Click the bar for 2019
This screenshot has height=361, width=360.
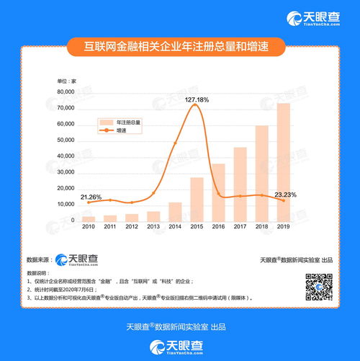284,162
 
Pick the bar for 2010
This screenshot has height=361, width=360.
89,218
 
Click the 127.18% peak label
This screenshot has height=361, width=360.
197,98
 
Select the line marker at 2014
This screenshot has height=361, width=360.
175,143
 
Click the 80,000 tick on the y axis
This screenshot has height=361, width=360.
67,92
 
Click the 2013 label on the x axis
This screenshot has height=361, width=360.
153,227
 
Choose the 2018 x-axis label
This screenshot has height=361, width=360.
262,227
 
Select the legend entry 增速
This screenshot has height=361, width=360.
120,131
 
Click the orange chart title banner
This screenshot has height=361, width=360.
180,48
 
